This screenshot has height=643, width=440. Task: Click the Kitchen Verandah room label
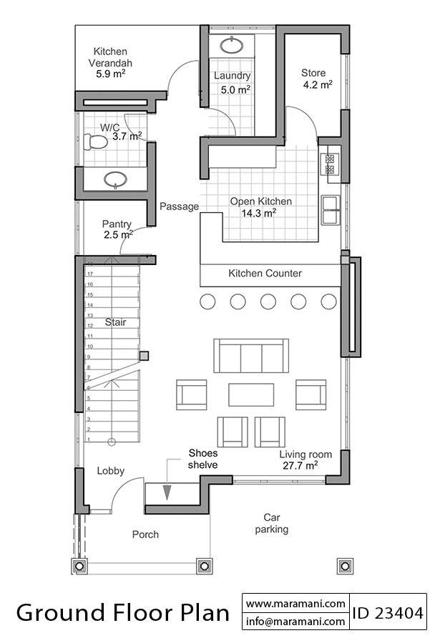tap(110, 56)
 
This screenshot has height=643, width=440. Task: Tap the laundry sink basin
tap(231, 46)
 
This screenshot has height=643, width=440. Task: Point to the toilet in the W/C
tap(96, 142)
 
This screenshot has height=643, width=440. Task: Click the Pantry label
tap(117, 224)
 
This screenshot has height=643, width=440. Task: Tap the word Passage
tap(179, 206)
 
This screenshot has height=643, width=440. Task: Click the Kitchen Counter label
tap(265, 273)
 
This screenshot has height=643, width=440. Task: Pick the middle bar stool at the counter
tap(268, 301)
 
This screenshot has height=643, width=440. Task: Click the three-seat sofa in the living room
tap(250, 356)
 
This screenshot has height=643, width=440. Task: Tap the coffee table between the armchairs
tap(251, 394)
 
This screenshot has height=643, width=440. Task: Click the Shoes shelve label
tap(202, 459)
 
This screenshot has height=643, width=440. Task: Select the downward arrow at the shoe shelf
tap(167, 492)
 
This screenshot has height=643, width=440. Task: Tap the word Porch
tap(145, 534)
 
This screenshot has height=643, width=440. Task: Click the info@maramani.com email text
tap(296, 622)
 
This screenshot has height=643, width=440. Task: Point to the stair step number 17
tap(90, 274)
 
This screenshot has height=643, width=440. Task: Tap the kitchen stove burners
tap(331, 164)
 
